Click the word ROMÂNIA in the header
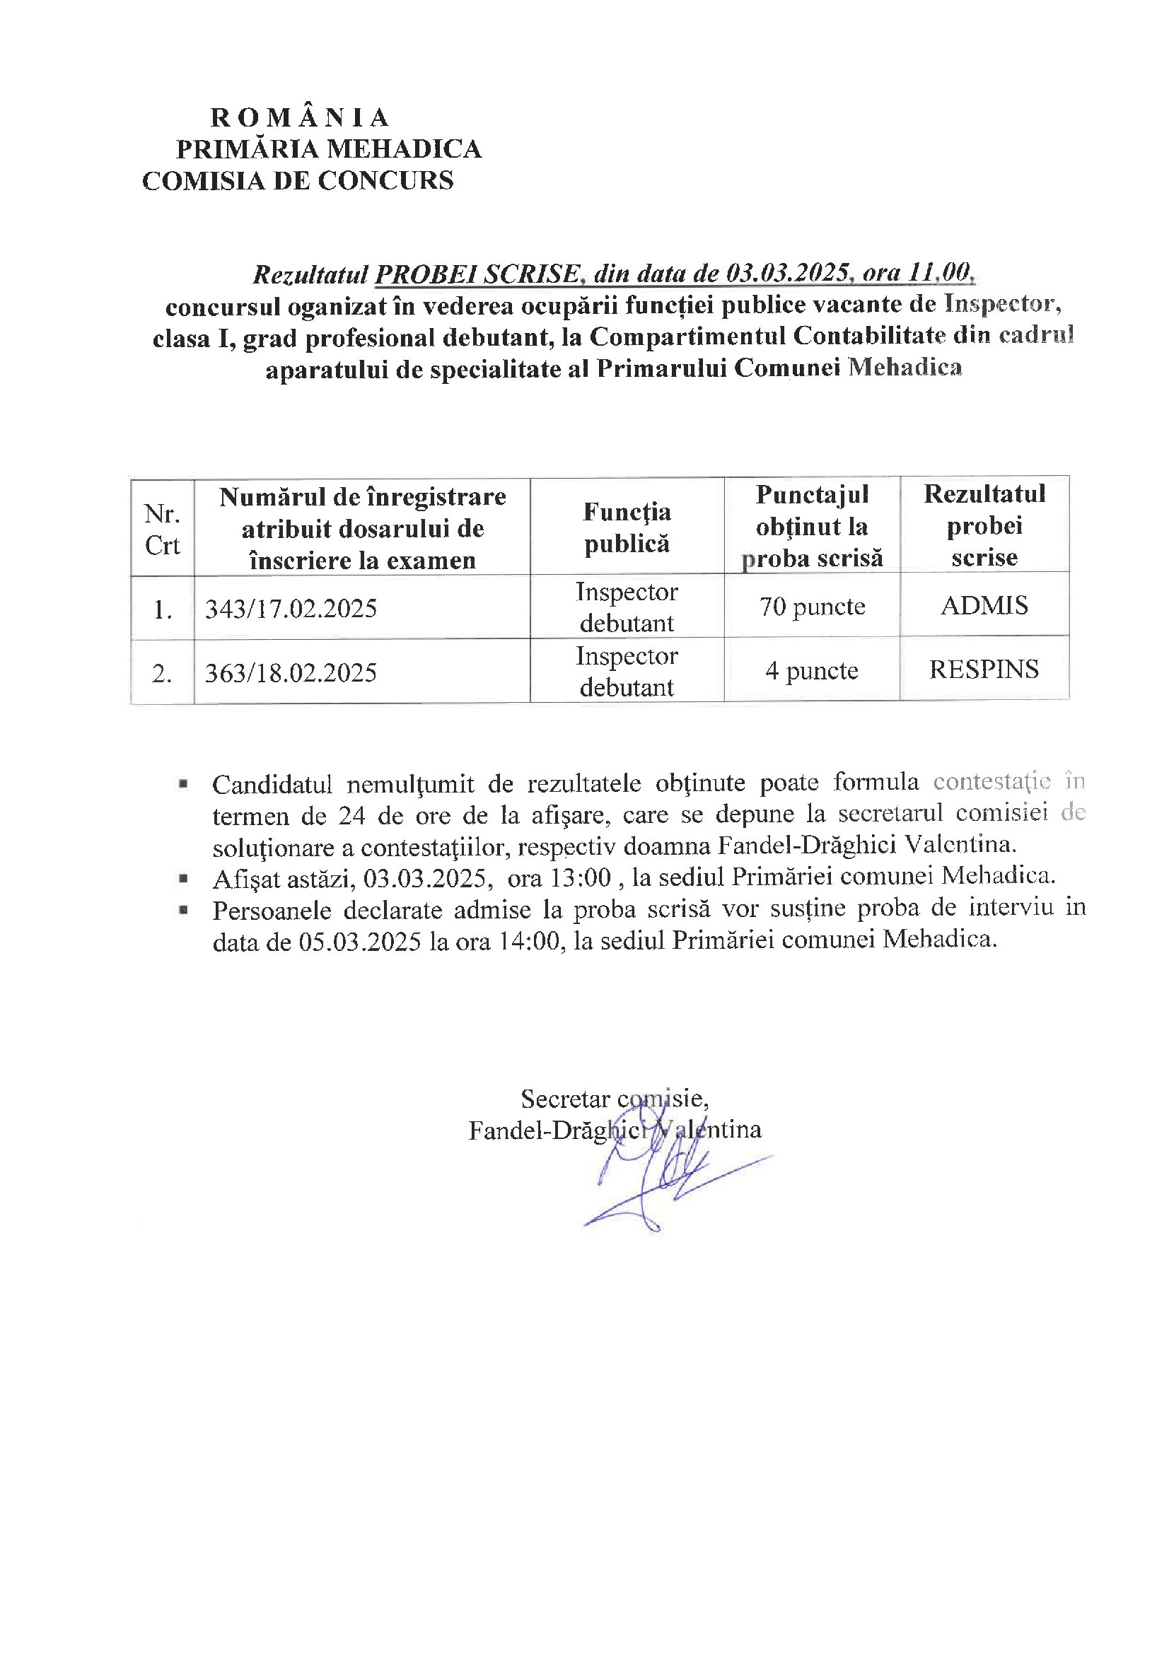[299, 117]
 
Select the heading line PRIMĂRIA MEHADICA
[328, 149]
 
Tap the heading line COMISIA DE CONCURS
[298, 180]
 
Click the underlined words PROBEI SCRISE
[477, 274]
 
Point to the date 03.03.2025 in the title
[785, 274]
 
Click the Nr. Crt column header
[162, 529]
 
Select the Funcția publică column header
[627, 527]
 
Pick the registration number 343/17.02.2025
[291, 609]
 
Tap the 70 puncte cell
[812, 607]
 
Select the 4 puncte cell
[812, 671]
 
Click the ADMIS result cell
[984, 605]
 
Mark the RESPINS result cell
[984, 670]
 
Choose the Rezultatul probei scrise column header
[984, 525]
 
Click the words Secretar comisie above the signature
[614, 1099]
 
